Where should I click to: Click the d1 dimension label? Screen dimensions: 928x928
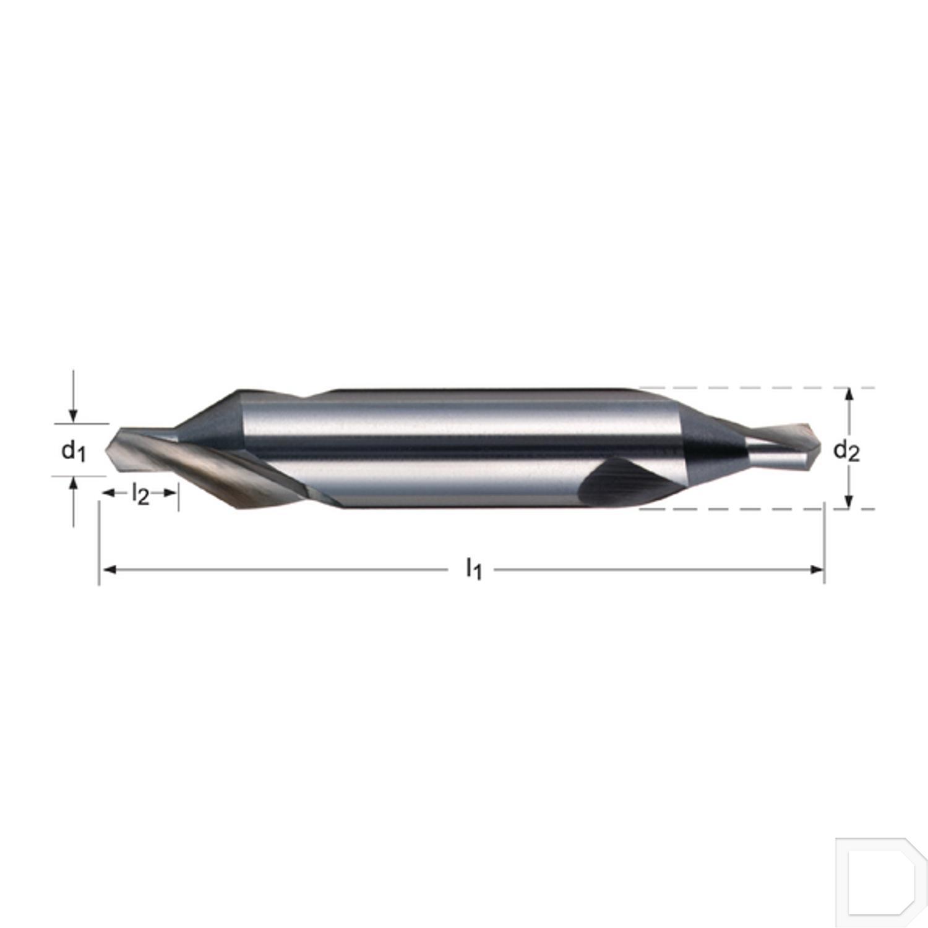73,450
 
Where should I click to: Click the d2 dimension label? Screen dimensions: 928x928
846,450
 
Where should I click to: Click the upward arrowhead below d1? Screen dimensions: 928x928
74,483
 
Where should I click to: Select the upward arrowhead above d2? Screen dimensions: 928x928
849,395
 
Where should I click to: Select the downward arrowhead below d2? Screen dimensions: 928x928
849,502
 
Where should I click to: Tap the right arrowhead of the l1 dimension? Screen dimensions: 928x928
818,569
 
